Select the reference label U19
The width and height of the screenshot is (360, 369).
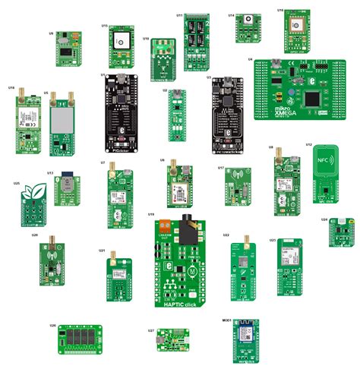(x=150, y=215)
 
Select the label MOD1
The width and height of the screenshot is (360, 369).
(x=227, y=321)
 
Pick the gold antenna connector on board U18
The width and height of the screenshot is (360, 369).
(x=23, y=94)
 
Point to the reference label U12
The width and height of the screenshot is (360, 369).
(x=309, y=144)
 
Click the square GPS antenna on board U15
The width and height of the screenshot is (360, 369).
(x=120, y=39)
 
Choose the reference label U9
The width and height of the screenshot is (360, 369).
(x=51, y=33)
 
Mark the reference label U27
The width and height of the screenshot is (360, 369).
(x=151, y=331)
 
